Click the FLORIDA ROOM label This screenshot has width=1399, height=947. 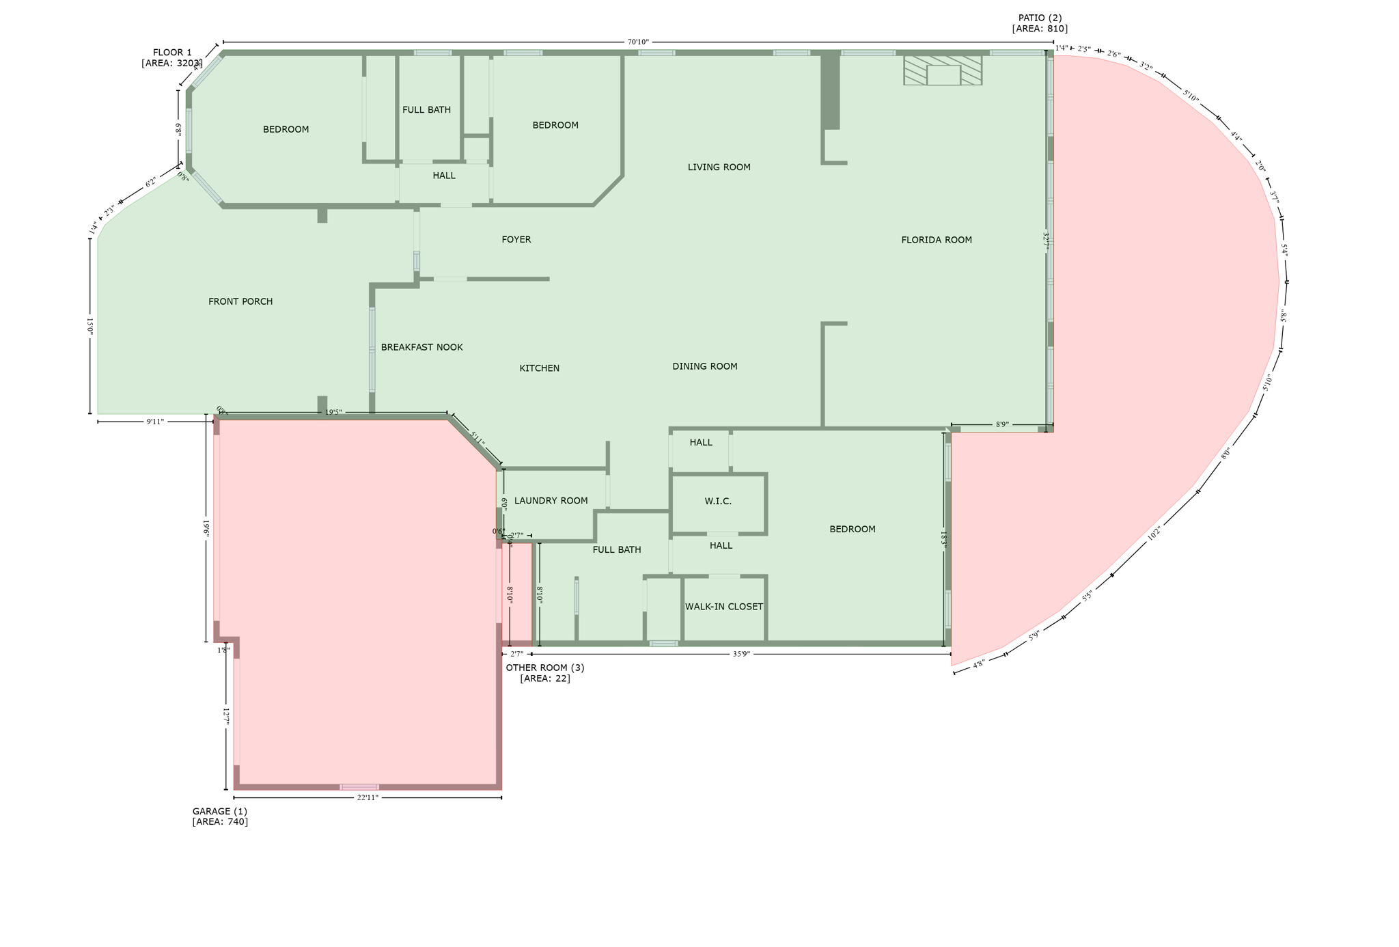pos(936,240)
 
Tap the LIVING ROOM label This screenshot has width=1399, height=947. pos(719,167)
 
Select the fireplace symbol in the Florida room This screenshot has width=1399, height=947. pos(943,71)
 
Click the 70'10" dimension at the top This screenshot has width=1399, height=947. pos(637,42)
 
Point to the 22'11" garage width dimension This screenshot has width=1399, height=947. pos(368,797)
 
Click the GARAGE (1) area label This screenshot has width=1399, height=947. pos(220,816)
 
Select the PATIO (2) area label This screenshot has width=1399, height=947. pos(1040,23)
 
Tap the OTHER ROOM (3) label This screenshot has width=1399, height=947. pos(545,673)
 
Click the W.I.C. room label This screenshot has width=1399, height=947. pos(718,502)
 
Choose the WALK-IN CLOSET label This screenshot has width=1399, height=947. pos(724,607)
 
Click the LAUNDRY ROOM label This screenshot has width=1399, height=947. pos(551,501)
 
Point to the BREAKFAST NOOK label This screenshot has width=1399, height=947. pos(421,347)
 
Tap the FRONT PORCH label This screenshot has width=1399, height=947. pos(240,301)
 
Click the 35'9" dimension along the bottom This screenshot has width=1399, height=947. pos(741,654)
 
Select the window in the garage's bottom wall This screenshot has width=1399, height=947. pos(359,787)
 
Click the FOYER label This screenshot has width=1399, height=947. pos(516,240)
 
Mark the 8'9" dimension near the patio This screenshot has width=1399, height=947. pos(1001,424)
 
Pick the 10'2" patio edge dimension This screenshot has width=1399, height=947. pos(1154,533)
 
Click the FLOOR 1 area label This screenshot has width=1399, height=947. pos(172,58)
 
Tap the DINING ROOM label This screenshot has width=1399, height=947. pos(704,366)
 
